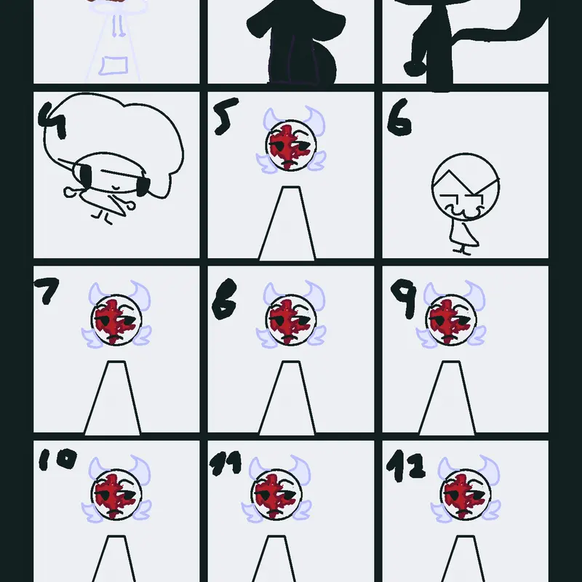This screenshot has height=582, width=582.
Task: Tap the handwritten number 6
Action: [x=399, y=117]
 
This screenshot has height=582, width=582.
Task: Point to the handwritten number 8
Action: [x=225, y=299]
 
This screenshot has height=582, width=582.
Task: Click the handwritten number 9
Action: [x=404, y=299]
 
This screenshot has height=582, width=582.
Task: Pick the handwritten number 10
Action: [x=58, y=459]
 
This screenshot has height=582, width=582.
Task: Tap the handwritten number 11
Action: [x=226, y=463]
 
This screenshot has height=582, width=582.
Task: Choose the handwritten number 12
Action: [x=406, y=466]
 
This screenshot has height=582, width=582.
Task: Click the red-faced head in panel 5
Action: [x=291, y=146]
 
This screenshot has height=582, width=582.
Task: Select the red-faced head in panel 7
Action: [x=116, y=320]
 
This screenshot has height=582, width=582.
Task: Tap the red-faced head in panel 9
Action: [x=451, y=320]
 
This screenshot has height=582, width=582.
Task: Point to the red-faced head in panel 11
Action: [x=276, y=495]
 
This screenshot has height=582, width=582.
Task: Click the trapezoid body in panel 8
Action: [x=287, y=397]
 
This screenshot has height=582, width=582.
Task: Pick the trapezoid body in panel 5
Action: [x=287, y=223]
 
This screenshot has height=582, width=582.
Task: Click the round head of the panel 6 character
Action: [x=466, y=187]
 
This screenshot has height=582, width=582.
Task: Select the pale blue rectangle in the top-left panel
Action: [x=113, y=65]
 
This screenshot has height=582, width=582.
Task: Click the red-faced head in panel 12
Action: [x=466, y=495]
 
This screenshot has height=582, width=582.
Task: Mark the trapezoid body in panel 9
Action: [x=447, y=397]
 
